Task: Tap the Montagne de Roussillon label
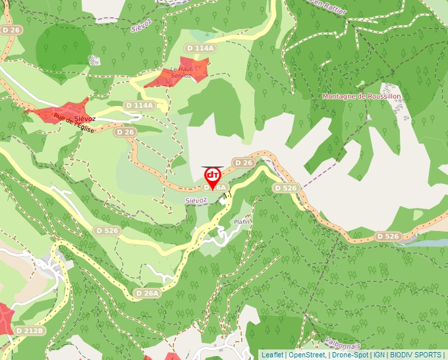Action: [x=361, y=96]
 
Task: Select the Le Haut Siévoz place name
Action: [x=181, y=72]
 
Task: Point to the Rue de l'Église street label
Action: [x=74, y=125]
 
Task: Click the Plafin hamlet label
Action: [x=242, y=222]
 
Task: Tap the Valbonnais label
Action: [x=343, y=344]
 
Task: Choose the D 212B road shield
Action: [x=30, y=330]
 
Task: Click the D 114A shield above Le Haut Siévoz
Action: [x=200, y=48]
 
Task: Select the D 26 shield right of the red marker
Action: [x=243, y=163]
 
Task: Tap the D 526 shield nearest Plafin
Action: [x=286, y=188]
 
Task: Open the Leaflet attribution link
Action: [x=272, y=355]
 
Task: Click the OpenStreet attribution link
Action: [x=307, y=355]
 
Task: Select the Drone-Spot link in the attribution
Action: [x=350, y=355]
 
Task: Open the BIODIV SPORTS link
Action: [x=415, y=355]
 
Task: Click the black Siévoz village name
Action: [x=85, y=118]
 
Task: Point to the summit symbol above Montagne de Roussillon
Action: [x=361, y=85]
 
